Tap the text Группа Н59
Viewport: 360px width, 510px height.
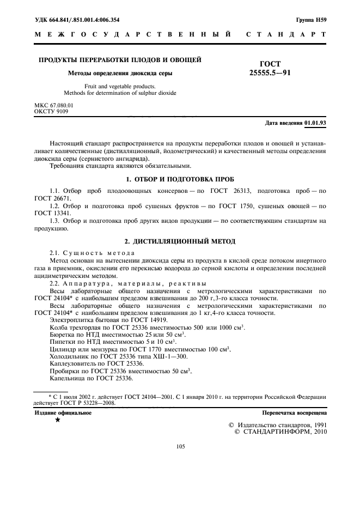pyautogui.click(x=311, y=20)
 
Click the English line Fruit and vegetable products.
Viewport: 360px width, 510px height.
pyautogui.click(x=120, y=86)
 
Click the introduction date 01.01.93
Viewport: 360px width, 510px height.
pyautogui.click(x=315, y=123)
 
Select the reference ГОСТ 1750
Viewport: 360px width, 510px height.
pyautogui.click(x=234, y=206)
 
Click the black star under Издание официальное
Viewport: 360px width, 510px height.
pyautogui.click(x=58, y=420)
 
